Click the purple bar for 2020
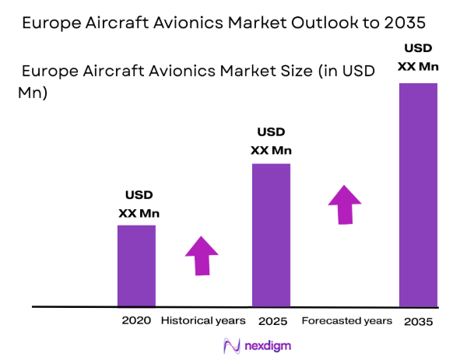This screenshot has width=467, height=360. (x=136, y=265)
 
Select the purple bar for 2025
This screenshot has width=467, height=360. (x=271, y=235)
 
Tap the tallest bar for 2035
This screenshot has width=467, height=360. (x=418, y=194)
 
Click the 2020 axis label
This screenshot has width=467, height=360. (x=135, y=320)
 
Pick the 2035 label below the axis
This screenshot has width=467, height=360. (x=418, y=321)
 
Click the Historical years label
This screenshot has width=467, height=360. (x=203, y=320)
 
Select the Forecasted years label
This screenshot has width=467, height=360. (x=346, y=320)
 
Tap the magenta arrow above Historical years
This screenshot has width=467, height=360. (x=202, y=254)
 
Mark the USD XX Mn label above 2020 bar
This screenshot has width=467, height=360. (x=139, y=204)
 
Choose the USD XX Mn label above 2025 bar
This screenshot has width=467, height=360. (x=271, y=141)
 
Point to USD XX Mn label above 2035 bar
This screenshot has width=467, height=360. (x=418, y=58)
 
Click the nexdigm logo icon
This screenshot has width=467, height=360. (x=231, y=345)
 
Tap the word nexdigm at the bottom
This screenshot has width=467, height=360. (x=263, y=346)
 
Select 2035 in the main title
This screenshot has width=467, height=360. (x=415, y=23)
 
